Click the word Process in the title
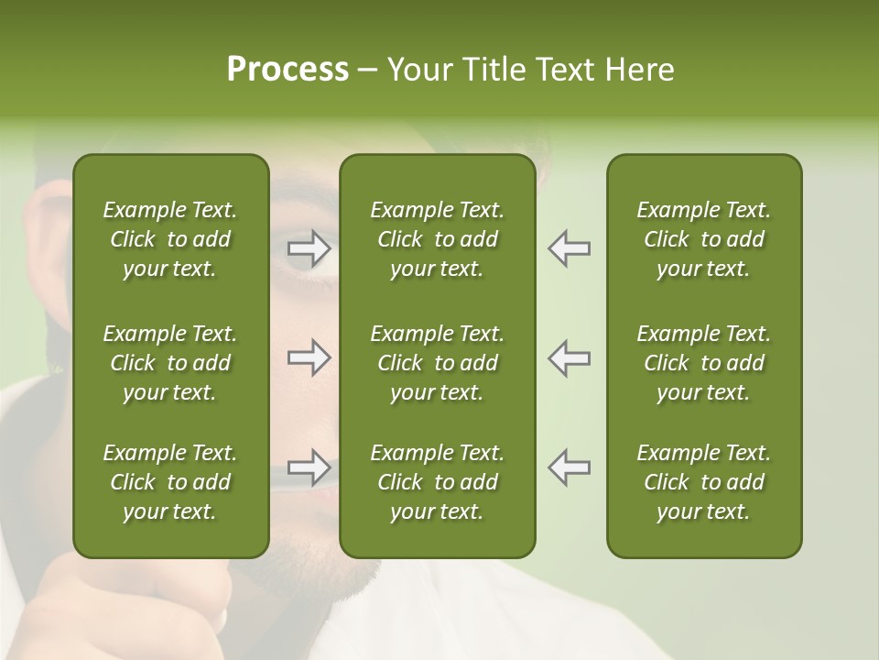288,70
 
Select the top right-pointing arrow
309,248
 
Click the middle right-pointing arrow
309,357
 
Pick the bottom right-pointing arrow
309,467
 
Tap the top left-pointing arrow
569,248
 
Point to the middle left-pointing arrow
569,357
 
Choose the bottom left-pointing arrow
569,467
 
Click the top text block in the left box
170,239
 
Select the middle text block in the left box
170,363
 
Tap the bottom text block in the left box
170,482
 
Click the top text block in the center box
437,239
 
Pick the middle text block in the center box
437,363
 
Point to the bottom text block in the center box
437,482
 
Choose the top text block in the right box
703,239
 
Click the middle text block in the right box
703,363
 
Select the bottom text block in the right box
703,482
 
